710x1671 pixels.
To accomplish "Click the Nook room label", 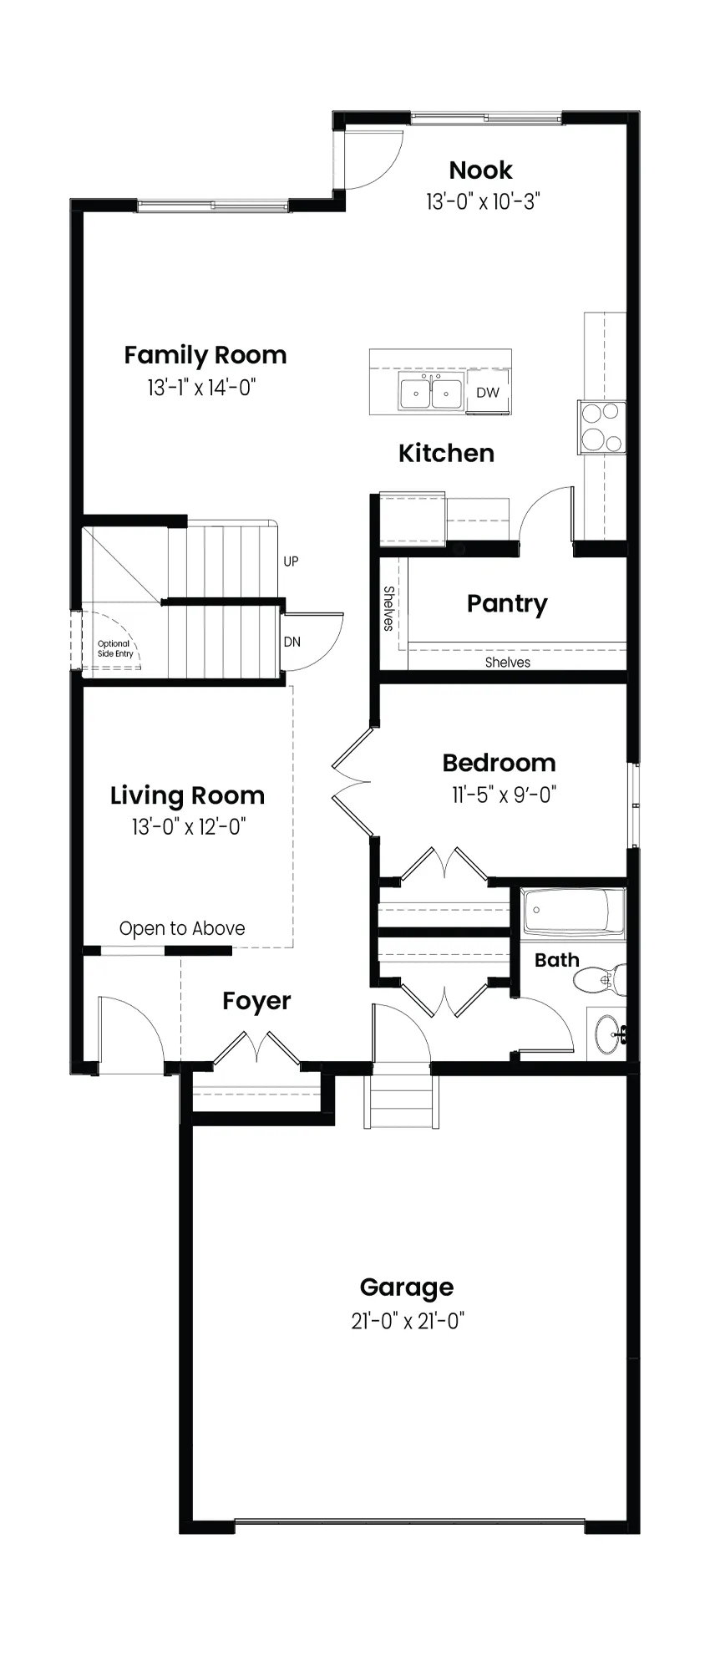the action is click(480, 170).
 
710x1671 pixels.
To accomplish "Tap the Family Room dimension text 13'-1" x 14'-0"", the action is click(201, 387).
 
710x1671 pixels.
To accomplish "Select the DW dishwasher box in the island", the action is click(488, 393).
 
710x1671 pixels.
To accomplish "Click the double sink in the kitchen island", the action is click(431, 393).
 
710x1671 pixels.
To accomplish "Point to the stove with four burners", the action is click(601, 427).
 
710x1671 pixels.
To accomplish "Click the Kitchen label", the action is click(446, 453).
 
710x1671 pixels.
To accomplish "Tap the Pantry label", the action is click(507, 603).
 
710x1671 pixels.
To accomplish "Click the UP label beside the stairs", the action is click(291, 561).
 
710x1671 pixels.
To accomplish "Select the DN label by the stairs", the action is click(292, 642).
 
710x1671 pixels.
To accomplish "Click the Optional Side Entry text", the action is click(115, 648).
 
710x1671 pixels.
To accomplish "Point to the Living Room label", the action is click(187, 795).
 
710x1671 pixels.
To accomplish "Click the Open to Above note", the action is click(182, 928).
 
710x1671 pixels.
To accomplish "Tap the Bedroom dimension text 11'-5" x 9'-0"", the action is click(505, 794).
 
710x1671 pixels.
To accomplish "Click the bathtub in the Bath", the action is click(574, 914).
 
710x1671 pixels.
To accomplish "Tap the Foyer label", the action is click(256, 1001).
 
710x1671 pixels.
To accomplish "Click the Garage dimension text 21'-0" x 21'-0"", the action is click(408, 1321).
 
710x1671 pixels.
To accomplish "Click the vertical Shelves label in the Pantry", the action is click(388, 608).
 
